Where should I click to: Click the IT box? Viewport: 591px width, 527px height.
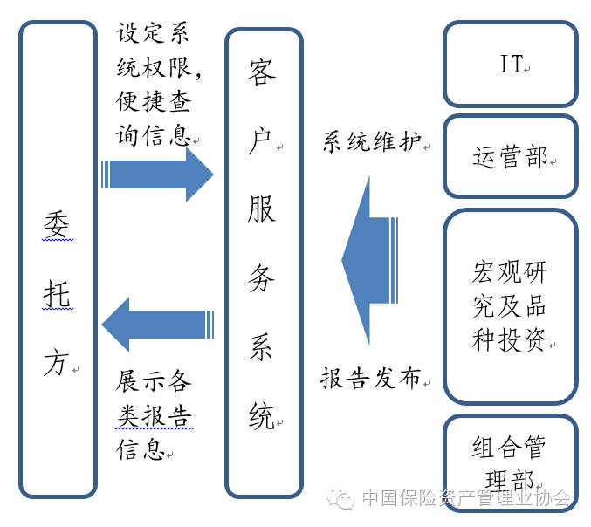pyautogui.click(x=510, y=65)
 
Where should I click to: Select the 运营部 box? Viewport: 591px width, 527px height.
pyautogui.click(x=510, y=157)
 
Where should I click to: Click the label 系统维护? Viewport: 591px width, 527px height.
pyautogui.click(x=372, y=143)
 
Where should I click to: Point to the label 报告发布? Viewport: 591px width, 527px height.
pyautogui.click(x=371, y=379)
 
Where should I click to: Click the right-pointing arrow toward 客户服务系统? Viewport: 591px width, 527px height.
pyautogui.click(x=157, y=175)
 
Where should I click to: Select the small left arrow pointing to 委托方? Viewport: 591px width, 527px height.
pyautogui.click(x=157, y=325)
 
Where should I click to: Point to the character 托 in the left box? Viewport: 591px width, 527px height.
pyautogui.click(x=56, y=297)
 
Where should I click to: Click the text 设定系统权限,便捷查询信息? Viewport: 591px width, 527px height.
pyautogui.click(x=155, y=86)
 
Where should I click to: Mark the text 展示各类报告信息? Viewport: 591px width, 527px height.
pyautogui.click(x=155, y=415)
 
